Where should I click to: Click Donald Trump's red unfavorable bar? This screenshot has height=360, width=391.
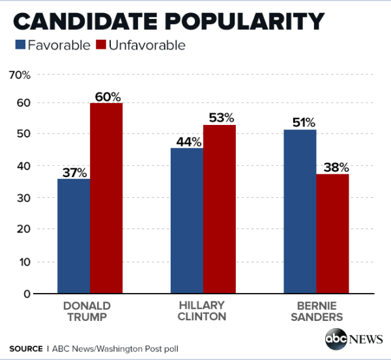point(106,198)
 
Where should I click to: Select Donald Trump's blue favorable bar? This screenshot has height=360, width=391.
point(74,236)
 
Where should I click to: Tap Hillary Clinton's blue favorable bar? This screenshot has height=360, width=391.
point(187,221)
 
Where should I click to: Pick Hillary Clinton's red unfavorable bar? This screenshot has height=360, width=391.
point(220,209)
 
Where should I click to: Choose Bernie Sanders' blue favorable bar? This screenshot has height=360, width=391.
point(300,212)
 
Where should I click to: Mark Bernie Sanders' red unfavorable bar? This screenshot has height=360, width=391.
point(333,234)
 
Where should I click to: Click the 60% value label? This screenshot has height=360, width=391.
point(107,96)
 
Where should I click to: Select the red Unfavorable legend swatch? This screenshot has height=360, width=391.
point(102,45)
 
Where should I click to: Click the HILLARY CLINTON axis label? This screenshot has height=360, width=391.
point(203,311)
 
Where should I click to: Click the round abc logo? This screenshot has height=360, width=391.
point(337,340)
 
